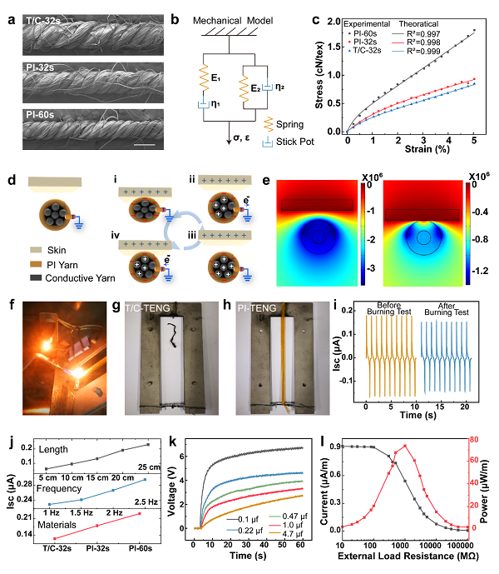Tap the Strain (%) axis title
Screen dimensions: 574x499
click(x=413, y=147)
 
